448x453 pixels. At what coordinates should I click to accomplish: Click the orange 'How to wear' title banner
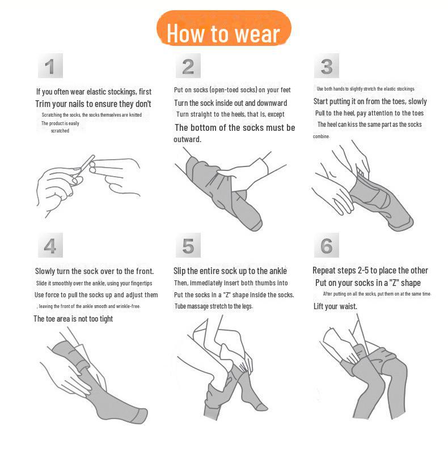223,28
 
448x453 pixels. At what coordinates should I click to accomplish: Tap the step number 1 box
50,66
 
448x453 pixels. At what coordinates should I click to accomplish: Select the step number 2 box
188,66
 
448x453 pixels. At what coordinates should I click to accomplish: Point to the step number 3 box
327,66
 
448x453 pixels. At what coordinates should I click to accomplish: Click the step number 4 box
50,245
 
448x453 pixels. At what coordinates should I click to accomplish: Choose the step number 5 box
188,245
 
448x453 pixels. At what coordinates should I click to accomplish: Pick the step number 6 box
327,245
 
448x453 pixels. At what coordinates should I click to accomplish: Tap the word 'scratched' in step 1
60,131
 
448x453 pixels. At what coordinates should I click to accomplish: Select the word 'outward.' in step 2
187,139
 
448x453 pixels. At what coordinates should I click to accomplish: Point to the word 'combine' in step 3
321,136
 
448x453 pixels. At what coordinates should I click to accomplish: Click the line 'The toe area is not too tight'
73,319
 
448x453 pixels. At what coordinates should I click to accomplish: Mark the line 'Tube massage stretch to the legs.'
214,306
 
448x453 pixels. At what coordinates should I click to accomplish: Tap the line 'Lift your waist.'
335,306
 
